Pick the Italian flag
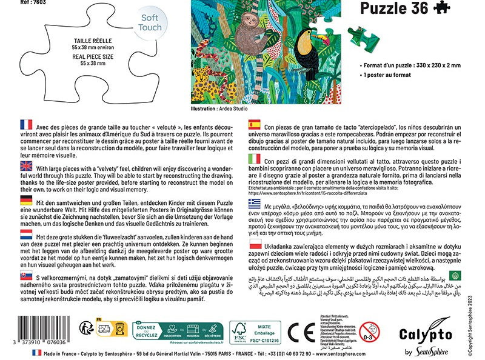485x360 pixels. [255, 159]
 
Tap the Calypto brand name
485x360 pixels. [424, 333]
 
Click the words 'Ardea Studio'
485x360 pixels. [235, 109]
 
